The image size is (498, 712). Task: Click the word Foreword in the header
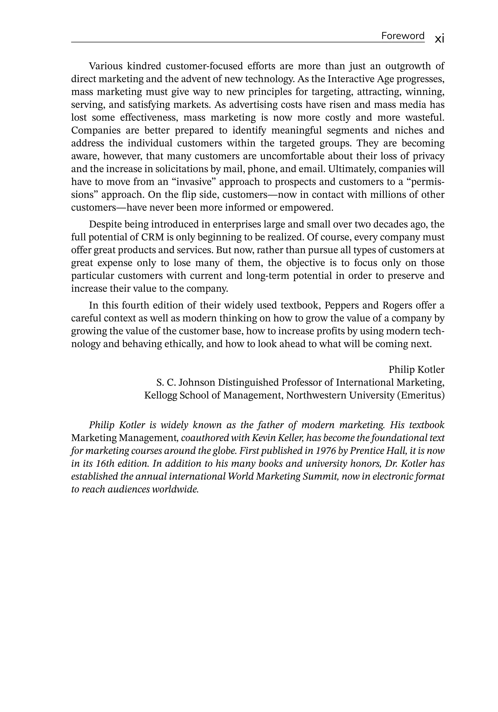click(x=402, y=36)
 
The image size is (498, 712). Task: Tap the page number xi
click(x=439, y=39)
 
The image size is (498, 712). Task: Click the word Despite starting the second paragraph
click(x=105, y=224)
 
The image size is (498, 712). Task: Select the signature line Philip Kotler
click(x=416, y=370)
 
